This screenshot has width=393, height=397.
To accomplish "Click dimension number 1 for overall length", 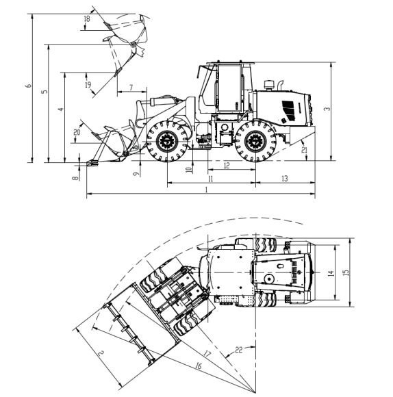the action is tap(206, 190).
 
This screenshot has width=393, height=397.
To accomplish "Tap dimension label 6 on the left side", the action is tap(29, 86).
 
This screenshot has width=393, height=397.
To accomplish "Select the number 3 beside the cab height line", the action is tap(327, 109).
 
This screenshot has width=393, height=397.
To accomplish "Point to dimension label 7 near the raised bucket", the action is tap(131, 88).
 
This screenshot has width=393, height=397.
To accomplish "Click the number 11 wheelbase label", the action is tap(210, 179).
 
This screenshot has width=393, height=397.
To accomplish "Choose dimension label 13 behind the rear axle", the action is tap(285, 179).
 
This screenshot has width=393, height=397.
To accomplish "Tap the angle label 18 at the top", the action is tap(87, 18).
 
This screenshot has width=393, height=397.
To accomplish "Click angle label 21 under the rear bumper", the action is tap(304, 150).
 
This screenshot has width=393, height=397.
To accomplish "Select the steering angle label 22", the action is tap(239, 350).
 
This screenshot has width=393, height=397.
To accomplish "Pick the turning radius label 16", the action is tap(199, 366).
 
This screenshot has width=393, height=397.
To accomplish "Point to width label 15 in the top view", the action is tap(346, 272).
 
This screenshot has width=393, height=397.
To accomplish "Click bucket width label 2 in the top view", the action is tap(101, 353).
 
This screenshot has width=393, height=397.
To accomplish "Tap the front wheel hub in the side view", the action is tap(167, 141).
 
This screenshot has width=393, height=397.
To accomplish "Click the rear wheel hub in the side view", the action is tap(256, 141).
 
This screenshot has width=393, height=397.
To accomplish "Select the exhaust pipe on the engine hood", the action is tap(280, 86).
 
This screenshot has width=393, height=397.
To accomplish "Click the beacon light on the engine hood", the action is tap(268, 86).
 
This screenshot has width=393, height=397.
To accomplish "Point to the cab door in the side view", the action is tap(229, 88).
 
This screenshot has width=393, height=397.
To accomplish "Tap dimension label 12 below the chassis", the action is tap(227, 166).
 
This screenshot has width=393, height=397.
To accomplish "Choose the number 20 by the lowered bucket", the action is tap(77, 132).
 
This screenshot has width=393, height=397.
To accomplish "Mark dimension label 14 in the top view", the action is tap(331, 273).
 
